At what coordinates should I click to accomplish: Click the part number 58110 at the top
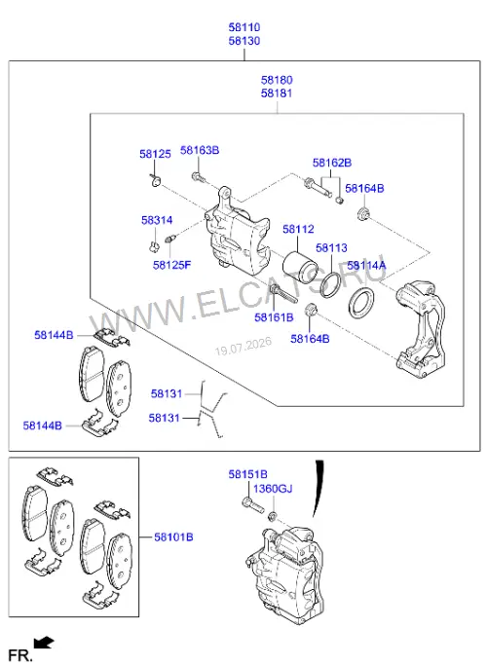tap(243, 27)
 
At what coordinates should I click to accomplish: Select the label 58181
tap(277, 93)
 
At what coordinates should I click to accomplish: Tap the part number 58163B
tap(200, 150)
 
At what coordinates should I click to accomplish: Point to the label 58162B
tap(332, 163)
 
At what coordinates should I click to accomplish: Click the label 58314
tap(157, 220)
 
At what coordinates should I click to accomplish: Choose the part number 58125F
tap(171, 265)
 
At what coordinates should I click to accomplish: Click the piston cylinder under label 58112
tap(300, 268)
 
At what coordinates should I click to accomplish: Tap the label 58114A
tap(366, 266)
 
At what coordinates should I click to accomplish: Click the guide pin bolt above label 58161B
tap(282, 293)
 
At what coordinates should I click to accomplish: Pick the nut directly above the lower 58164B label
tap(311, 310)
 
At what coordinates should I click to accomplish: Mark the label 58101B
tap(173, 537)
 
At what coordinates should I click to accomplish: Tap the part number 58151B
tap(247, 474)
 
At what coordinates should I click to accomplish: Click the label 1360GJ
tap(273, 489)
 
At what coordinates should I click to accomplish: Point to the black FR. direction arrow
tap(44, 643)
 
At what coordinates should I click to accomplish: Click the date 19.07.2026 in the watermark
tap(243, 347)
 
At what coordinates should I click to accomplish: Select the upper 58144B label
tap(54, 335)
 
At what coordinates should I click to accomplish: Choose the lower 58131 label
tap(164, 418)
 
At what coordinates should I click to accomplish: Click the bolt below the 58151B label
tap(253, 505)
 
